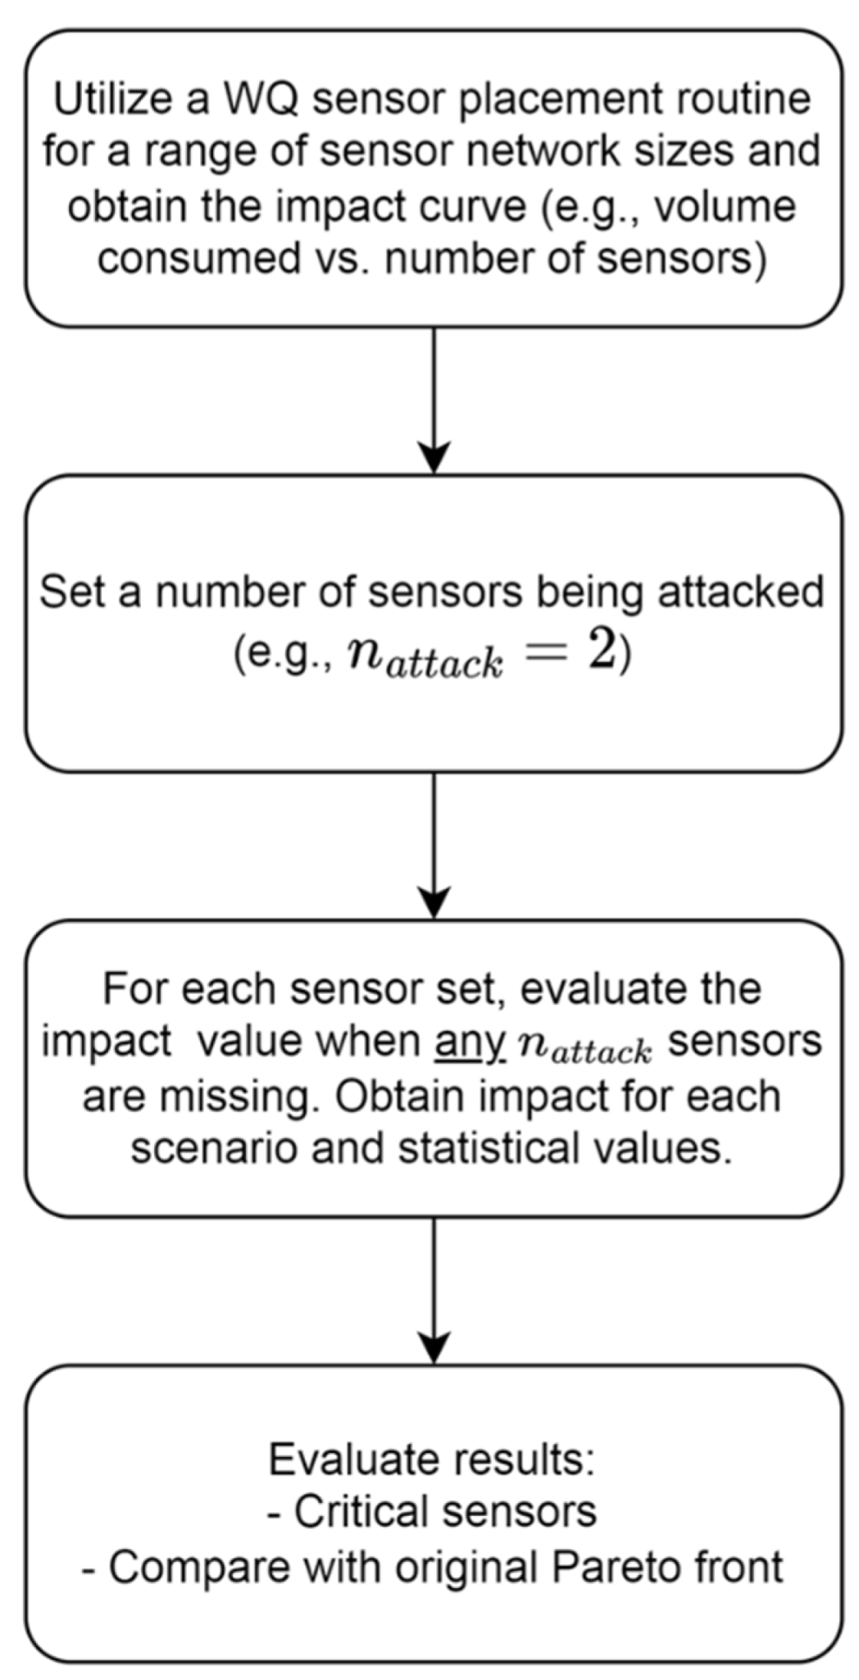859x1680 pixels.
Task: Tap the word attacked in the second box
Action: tap(751, 591)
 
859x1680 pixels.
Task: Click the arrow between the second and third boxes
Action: tap(433, 845)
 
